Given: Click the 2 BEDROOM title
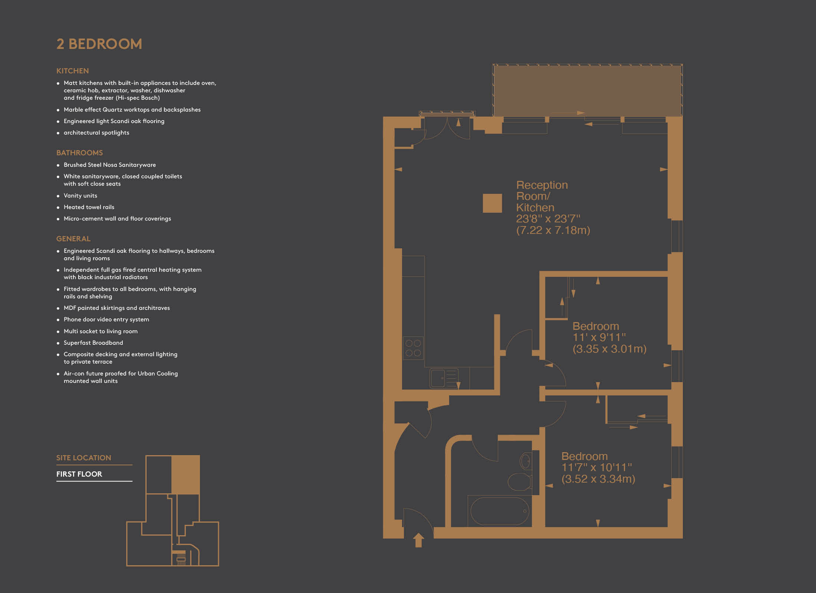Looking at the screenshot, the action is (99, 44).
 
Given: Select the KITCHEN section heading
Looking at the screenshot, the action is (72, 71).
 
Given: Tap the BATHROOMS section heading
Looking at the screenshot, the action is (79, 153).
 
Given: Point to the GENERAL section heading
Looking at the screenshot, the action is (73, 239).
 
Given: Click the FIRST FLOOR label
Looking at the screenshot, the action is (79, 474).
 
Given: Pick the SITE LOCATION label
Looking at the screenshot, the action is (83, 458).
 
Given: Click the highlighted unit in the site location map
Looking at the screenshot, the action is (185, 475).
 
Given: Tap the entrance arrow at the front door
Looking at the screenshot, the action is (418, 540).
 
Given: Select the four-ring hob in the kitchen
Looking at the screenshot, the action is (413, 348).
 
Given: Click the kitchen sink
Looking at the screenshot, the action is (444, 378).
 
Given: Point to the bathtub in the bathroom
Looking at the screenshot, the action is (500, 511).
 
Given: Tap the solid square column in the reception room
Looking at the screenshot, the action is (492, 203).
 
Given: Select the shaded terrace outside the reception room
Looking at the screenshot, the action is (588, 90).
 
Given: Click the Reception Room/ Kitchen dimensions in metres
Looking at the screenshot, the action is (553, 230).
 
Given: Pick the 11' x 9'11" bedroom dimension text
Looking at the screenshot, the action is (599, 337).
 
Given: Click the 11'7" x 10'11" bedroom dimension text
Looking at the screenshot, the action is (596, 467).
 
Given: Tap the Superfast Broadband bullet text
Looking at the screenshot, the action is (93, 343).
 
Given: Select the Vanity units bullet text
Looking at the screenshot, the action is (80, 196).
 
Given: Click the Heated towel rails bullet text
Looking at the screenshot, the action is (89, 207).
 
